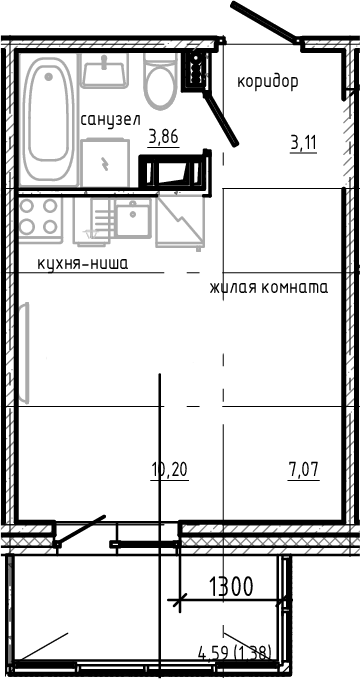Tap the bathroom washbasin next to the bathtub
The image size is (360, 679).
coord(104,71)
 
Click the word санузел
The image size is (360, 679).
coord(110,119)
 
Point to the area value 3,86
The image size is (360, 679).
coord(163,139)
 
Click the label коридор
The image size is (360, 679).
coord(267,82)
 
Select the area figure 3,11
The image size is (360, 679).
coord(303,142)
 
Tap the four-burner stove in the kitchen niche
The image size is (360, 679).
coord(38,218)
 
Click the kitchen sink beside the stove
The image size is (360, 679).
coord(132,216)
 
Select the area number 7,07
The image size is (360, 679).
coord(304,469)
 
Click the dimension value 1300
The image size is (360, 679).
coord(230,585)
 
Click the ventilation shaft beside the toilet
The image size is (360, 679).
coord(195,70)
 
